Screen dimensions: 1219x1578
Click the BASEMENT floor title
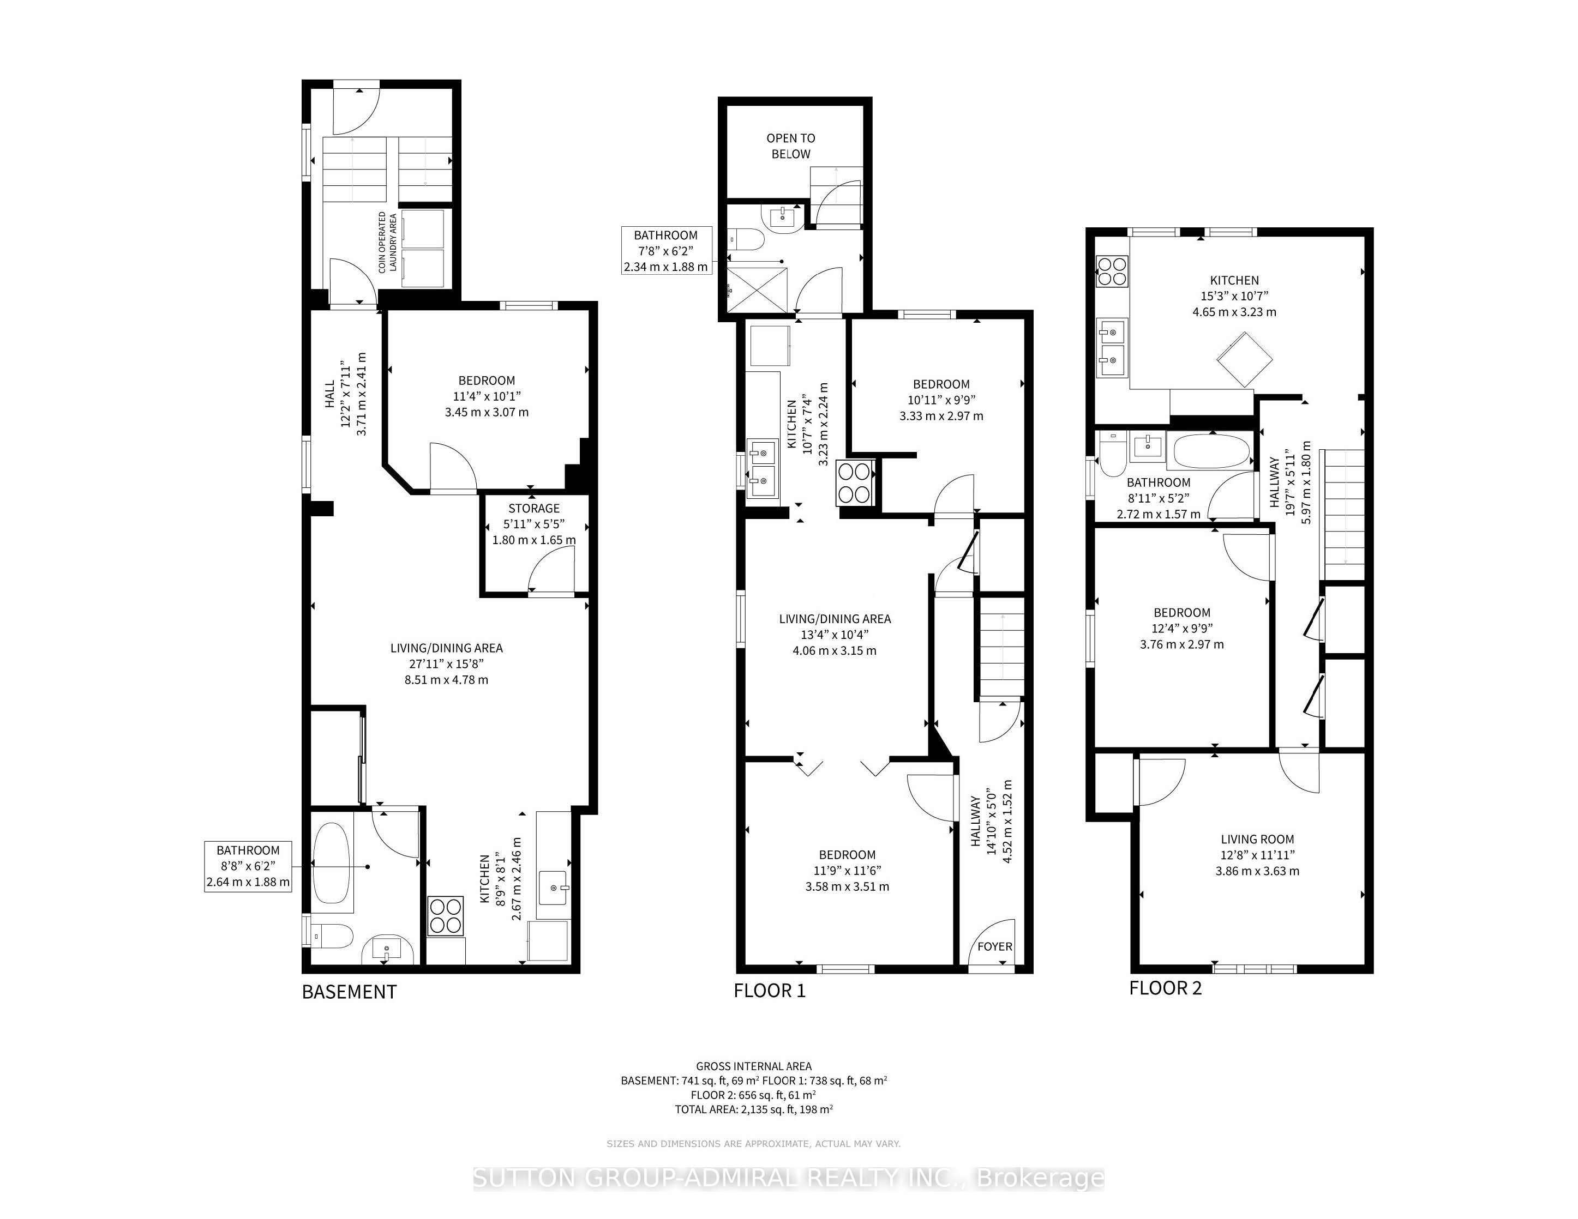click(349, 992)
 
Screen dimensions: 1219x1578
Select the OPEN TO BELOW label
click(790, 146)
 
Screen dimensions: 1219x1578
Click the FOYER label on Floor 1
click(994, 946)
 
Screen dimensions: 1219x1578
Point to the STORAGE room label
click(533, 509)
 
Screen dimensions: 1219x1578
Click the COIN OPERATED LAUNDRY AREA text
click(388, 242)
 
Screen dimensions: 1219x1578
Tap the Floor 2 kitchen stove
click(1112, 271)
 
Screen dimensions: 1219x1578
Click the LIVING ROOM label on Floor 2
click(1257, 839)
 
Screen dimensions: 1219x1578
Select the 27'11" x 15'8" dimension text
click(446, 663)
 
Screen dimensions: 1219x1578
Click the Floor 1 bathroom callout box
click(665, 251)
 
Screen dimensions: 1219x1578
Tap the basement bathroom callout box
click(248, 866)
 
